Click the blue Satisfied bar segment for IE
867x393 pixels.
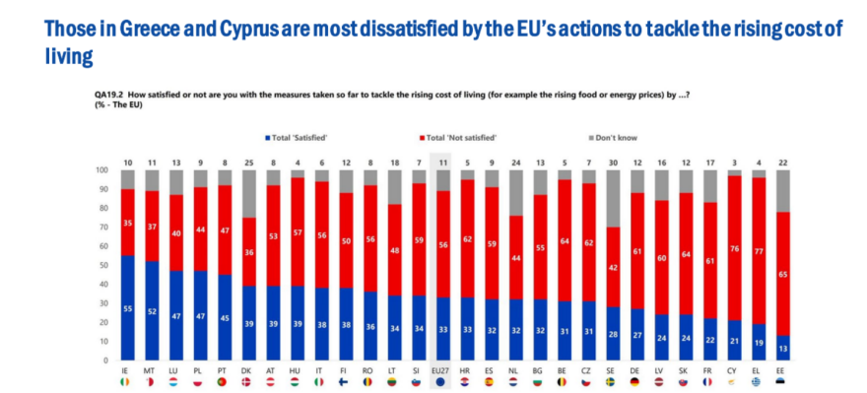click(128, 307)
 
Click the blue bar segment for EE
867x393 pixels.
click(783, 348)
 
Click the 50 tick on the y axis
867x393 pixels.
click(101, 266)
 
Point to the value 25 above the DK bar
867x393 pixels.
click(248, 160)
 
